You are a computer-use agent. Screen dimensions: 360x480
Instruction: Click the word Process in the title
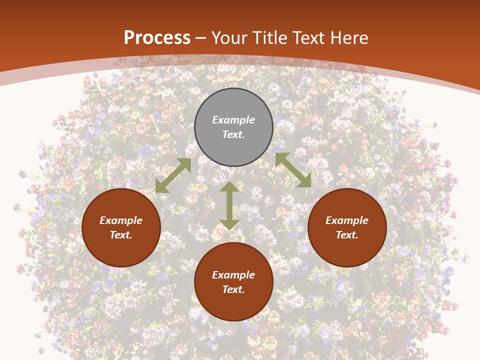coord(157,38)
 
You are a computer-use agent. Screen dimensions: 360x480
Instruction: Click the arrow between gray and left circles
coord(173,175)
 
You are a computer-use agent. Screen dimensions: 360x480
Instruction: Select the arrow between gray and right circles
coord(293,170)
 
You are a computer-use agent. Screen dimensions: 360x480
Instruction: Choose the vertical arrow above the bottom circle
coord(229,206)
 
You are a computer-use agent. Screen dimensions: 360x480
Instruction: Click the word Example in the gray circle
coord(233,120)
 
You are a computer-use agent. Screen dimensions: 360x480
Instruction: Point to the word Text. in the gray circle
coord(233,134)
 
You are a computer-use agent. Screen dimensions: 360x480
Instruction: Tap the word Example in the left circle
coord(121,220)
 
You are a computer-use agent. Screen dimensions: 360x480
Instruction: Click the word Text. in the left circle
coord(121,235)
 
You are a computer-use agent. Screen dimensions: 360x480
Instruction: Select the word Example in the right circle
coord(347,220)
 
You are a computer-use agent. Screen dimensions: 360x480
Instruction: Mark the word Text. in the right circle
coord(347,235)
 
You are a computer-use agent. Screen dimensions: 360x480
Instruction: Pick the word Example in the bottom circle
coord(233,275)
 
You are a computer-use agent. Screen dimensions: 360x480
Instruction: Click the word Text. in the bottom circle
coord(233,289)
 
